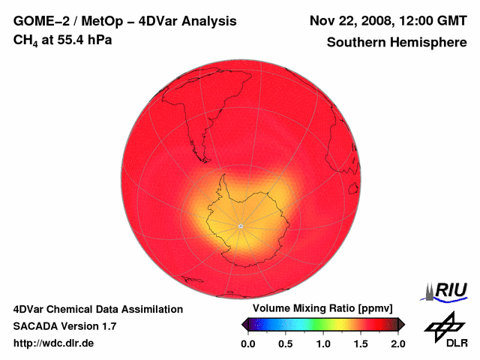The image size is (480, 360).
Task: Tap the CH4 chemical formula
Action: click(25, 40)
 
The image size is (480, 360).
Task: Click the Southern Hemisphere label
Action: click(397, 43)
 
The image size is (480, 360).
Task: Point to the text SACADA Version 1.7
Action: click(64, 326)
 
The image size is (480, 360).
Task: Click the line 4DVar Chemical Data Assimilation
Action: click(97, 309)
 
